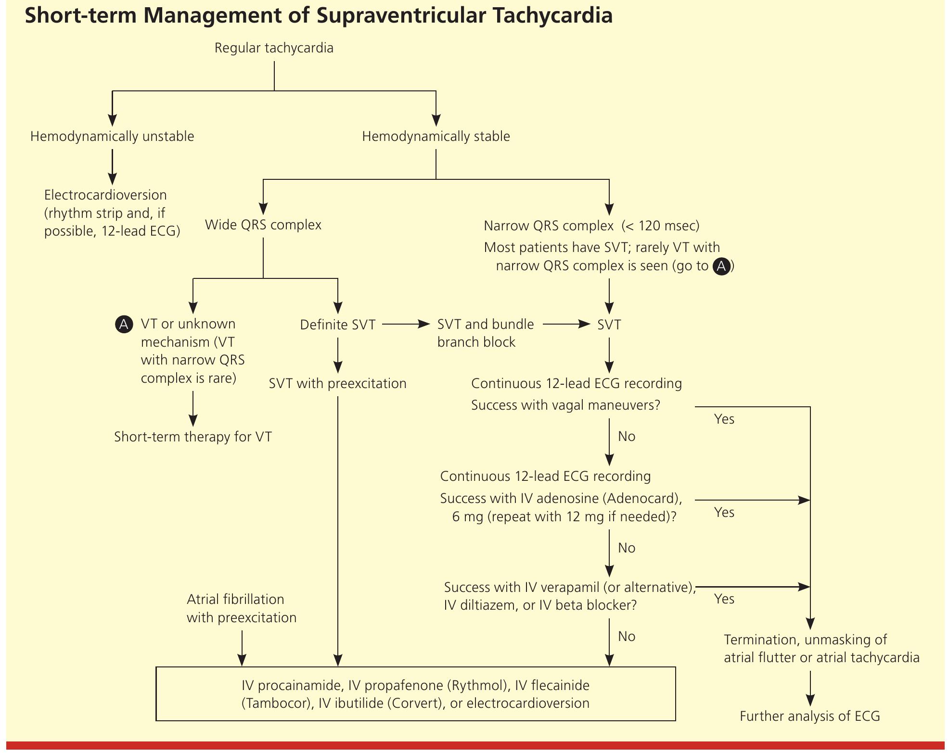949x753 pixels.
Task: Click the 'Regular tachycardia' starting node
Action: point(274,48)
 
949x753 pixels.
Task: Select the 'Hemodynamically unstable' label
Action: point(112,137)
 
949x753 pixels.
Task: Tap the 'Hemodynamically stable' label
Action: point(436,137)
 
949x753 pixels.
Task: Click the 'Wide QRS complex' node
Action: point(263,225)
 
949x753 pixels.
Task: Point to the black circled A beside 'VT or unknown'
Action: point(124,325)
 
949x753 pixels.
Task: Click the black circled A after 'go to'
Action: point(721,266)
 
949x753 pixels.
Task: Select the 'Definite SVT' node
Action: point(337,325)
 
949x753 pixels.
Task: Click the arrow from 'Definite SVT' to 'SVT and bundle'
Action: point(406,325)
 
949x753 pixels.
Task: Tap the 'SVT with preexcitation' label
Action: point(337,384)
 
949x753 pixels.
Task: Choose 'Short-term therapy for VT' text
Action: point(192,437)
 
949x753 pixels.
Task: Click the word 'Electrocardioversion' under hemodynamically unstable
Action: point(105,195)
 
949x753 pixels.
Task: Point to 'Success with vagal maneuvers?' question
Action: point(565,405)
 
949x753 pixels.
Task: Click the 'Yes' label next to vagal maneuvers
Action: point(724,419)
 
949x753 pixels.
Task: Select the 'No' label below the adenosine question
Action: point(627,548)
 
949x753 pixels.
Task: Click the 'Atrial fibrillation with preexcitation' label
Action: point(242,608)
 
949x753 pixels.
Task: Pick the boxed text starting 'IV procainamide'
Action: point(415,694)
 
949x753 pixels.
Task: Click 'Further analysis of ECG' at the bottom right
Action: point(809,716)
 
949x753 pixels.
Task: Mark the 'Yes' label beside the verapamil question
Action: point(724,599)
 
